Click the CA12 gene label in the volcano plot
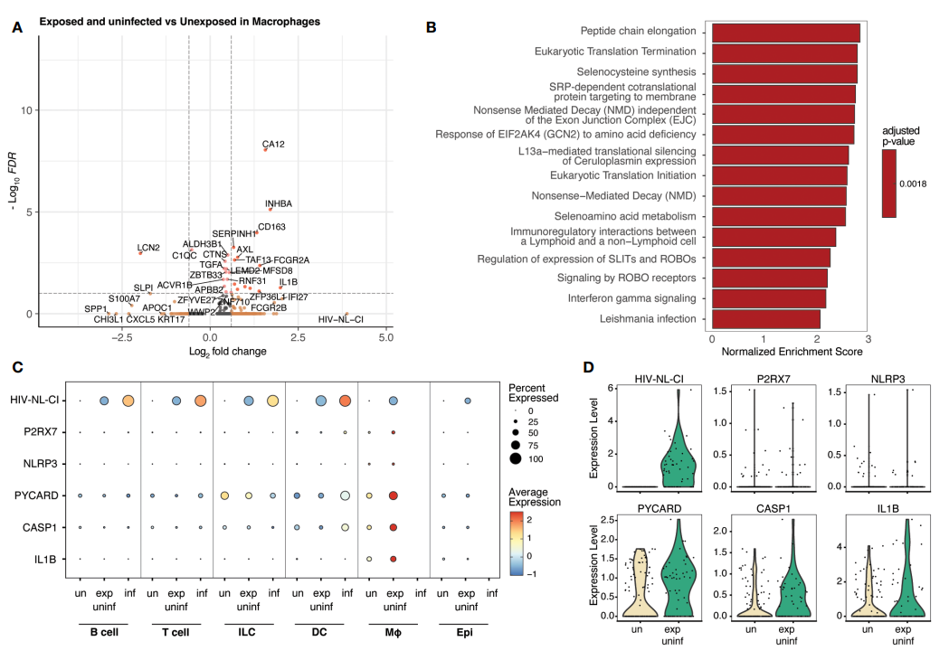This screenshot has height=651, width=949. click(273, 144)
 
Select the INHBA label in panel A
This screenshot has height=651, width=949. click(279, 203)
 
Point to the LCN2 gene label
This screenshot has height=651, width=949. click(148, 247)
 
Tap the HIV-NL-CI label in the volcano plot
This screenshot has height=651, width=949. click(341, 319)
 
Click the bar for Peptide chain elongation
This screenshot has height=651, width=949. click(785, 33)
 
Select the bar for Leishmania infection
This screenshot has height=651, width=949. click(765, 319)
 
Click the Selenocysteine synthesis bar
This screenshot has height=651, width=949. click(784, 73)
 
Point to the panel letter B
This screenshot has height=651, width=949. click(431, 27)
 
